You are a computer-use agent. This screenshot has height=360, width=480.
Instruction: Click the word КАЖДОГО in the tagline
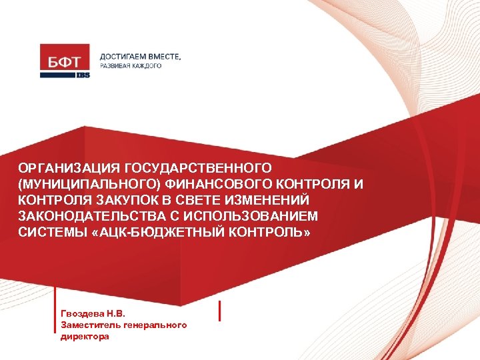tap(145, 67)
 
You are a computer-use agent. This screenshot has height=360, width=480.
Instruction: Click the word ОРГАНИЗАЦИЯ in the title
tap(69, 170)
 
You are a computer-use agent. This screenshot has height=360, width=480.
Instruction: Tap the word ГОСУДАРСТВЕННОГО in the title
tap(198, 170)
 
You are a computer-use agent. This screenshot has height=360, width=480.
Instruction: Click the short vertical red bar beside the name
tap(220, 311)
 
